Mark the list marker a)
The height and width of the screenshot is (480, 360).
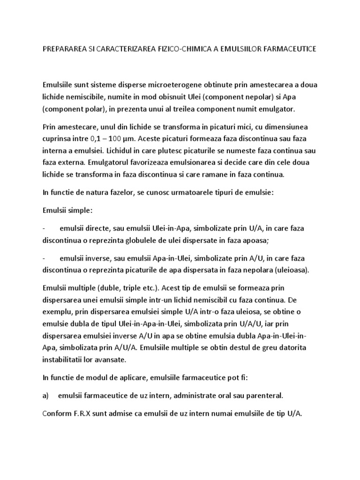46,396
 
